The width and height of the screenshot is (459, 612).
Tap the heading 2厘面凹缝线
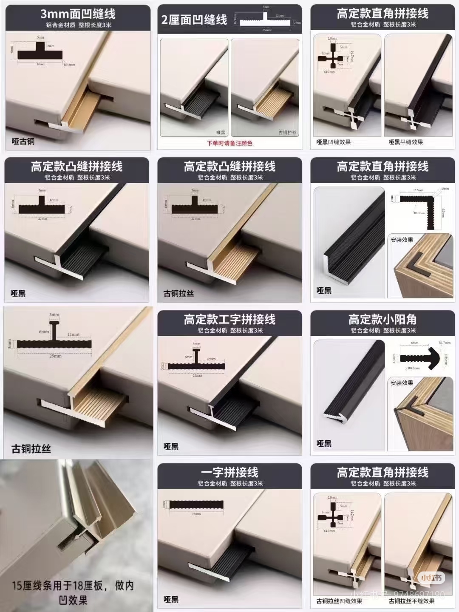point(194,20)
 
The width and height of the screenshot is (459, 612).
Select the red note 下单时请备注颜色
point(229,143)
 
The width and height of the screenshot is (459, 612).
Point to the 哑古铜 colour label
point(23,141)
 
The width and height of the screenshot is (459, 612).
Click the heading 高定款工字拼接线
point(229,319)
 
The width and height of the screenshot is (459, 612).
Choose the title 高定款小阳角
point(382,319)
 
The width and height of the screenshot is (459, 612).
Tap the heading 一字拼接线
point(229,472)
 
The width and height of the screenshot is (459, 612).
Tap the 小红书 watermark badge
point(431,577)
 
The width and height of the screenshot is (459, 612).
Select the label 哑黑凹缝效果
point(334,142)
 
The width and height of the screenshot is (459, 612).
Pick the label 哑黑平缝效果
point(405,142)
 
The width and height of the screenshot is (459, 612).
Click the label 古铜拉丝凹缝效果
point(339,601)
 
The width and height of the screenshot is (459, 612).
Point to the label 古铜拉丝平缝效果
point(411,601)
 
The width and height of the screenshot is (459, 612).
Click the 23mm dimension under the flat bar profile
point(196,514)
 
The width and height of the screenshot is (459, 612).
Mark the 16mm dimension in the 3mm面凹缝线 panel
point(41,64)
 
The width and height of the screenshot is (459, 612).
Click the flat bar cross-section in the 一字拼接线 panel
point(196,504)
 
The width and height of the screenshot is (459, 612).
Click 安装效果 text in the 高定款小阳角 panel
point(402,383)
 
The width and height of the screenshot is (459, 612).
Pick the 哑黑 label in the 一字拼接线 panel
point(171,600)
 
